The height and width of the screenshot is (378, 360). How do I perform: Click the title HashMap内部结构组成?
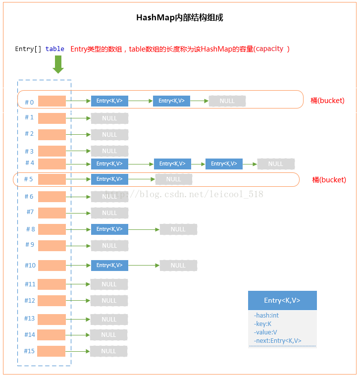pos(180,18)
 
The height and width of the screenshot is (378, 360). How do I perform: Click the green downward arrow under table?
pos(58,64)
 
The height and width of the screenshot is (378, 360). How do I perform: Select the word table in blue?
pos(54,49)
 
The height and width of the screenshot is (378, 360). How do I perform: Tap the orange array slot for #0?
pos(52,101)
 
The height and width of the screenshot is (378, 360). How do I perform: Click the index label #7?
pos(30,212)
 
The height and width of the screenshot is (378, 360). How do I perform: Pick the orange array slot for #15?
pos(51,351)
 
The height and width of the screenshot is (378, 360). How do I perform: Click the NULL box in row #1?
pos(109,118)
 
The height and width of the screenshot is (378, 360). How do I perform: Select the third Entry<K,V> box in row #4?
pos(224,164)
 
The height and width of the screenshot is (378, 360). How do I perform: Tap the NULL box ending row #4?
pos(276,164)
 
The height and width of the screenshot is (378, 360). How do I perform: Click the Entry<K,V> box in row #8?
pos(109,229)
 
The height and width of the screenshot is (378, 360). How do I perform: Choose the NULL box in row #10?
pos(178,266)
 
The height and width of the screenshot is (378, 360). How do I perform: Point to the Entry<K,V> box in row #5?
pos(109,179)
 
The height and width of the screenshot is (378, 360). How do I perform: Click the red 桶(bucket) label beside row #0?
pos(327,101)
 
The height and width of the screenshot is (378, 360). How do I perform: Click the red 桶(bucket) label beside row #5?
pos(329,180)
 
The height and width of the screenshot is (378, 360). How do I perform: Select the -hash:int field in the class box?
pos(266,315)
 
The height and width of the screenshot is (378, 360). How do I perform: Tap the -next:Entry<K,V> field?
pos(277,341)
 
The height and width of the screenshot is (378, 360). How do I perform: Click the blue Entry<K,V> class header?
pos(282,300)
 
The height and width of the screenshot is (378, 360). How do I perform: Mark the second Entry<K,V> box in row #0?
pos(171,101)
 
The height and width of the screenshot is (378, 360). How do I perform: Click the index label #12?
pos(30,301)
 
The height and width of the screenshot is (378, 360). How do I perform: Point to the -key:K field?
pos(262,324)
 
